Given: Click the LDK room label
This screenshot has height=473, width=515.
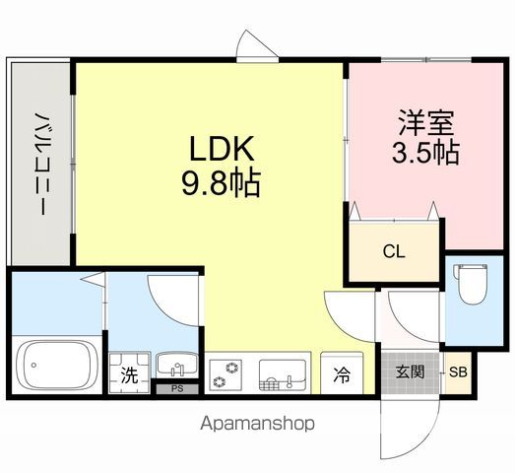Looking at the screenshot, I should pos(224,150).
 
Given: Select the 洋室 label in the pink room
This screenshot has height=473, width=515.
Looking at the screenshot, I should pos(424,125).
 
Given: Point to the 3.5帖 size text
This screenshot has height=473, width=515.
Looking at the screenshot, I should pos(424,154).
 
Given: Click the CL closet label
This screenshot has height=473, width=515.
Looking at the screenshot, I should pos(394,251).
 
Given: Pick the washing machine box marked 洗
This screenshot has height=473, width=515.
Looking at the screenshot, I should pos(128,373).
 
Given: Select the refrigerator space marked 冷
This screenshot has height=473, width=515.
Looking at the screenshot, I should pos(342,374).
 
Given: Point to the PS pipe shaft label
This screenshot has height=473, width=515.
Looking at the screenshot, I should pos(177,389).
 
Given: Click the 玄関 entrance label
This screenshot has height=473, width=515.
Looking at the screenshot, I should pos(410,372).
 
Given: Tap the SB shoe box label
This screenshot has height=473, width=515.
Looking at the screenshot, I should pos(457,372).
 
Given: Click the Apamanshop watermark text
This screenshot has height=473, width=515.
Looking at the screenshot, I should pos(257,424).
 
